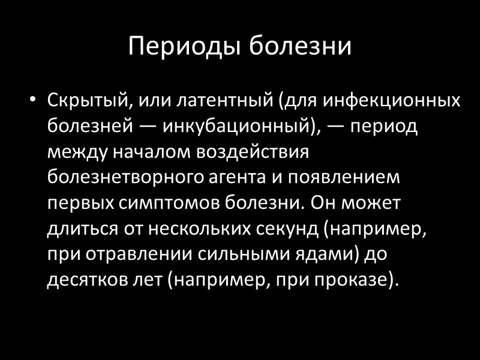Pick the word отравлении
[133, 256]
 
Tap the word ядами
[323, 256]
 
